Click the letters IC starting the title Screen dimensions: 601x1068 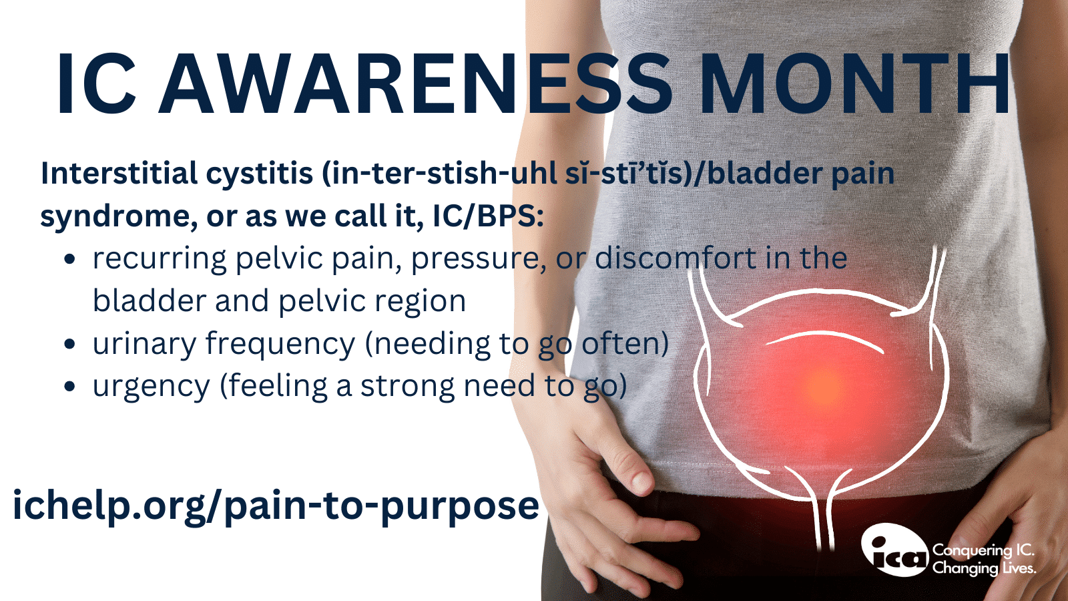pyautogui.click(x=96, y=85)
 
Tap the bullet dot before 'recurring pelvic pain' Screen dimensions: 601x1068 pyautogui.click(x=70, y=260)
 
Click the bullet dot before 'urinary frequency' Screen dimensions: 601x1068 pyautogui.click(x=70, y=345)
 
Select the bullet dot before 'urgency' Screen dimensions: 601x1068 pyautogui.click(x=70, y=387)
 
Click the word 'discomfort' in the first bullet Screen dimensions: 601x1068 pyautogui.click(x=675, y=259)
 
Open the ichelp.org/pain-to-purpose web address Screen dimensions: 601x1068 pyautogui.click(x=276, y=506)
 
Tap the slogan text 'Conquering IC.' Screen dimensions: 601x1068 pyautogui.click(x=983, y=550)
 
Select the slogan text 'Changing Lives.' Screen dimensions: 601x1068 pyautogui.click(x=984, y=568)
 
